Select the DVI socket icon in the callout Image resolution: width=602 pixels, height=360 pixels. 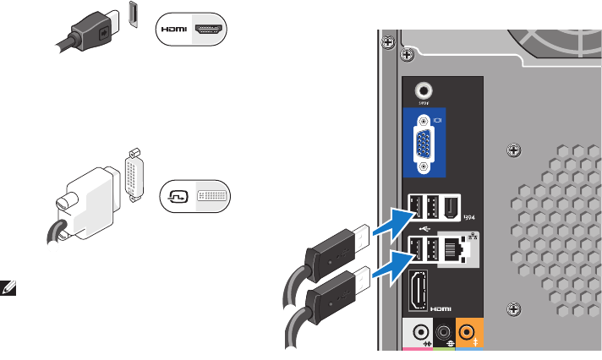[x=211, y=195]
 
